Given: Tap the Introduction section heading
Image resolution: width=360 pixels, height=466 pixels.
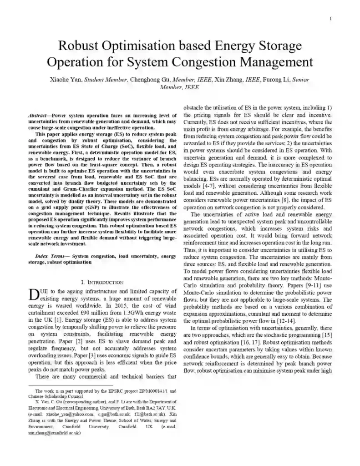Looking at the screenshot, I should pyautogui.click(x=102, y=282).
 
